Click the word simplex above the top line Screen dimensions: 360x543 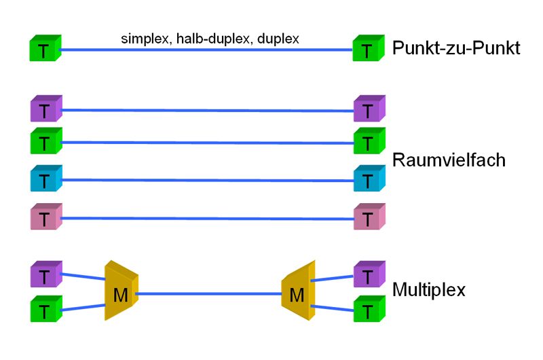[x=145, y=39]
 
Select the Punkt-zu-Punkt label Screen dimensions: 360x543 [x=456, y=48]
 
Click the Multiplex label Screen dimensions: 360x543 [x=429, y=291]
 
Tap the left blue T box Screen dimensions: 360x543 [x=45, y=179]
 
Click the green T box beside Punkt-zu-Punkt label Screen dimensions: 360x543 [x=368, y=49]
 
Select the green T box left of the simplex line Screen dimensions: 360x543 [x=45, y=49]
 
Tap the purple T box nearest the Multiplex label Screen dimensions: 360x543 [x=368, y=275]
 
